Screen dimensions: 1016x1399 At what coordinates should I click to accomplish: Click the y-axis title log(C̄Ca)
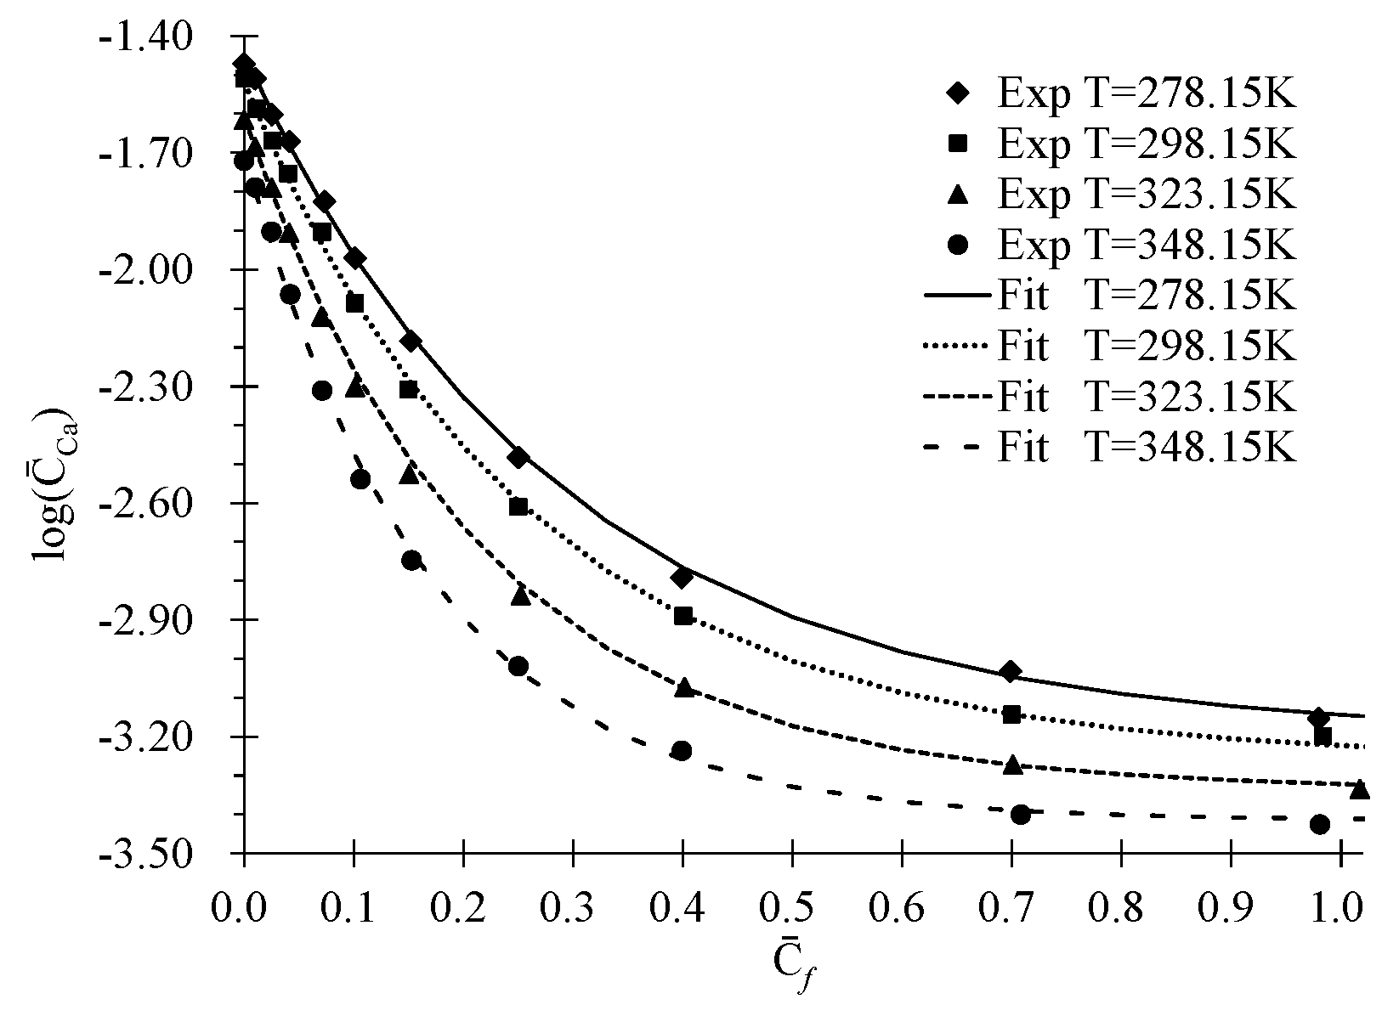click(53, 484)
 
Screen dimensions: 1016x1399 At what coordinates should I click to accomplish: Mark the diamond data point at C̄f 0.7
click(1011, 672)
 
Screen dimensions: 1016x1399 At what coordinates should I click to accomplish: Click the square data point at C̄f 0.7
click(1011, 714)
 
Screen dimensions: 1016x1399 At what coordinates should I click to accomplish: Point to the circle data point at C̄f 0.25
click(518, 666)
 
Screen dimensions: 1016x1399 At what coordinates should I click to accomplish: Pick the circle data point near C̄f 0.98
click(1320, 824)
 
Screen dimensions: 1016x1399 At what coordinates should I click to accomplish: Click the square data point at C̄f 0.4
click(683, 616)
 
